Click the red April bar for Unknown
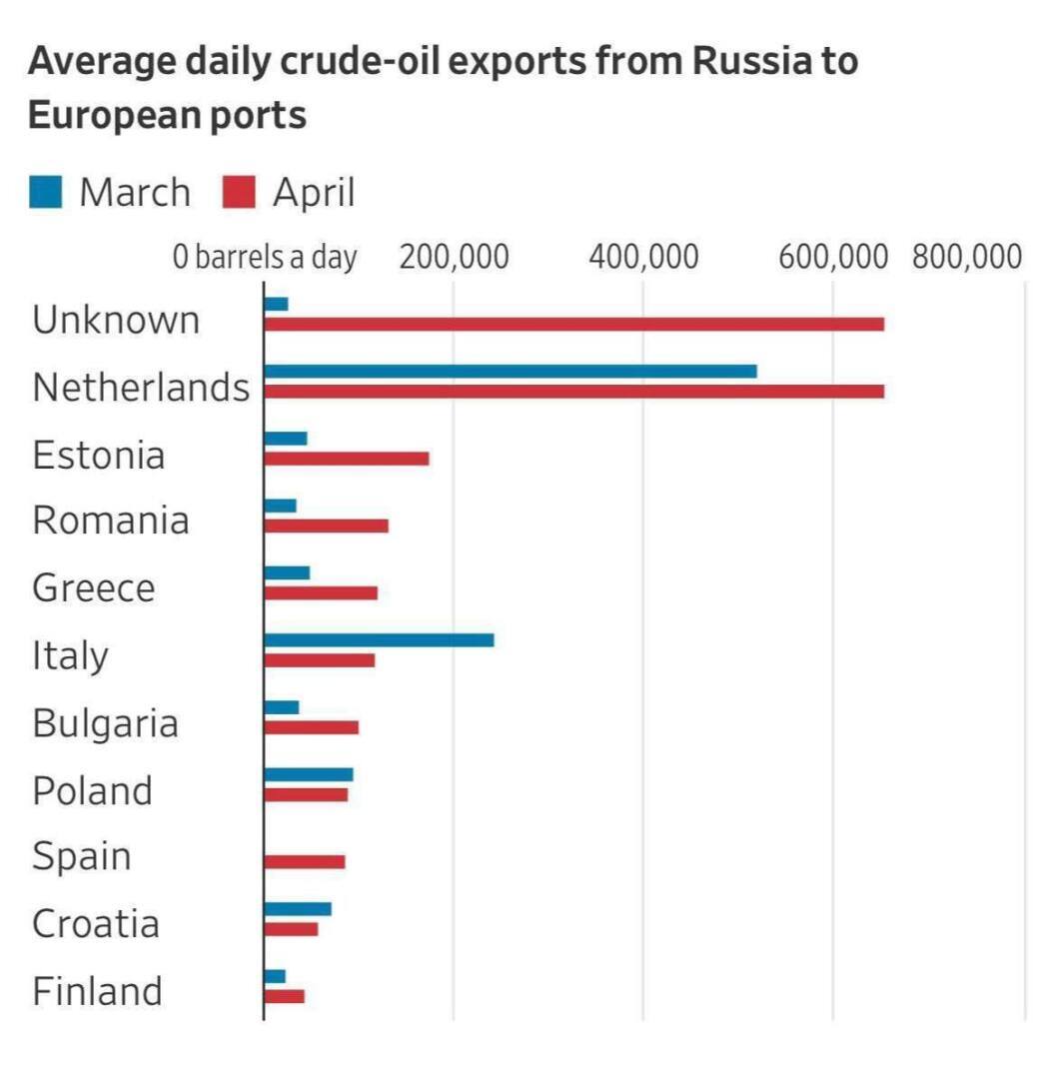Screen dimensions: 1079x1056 (573, 324)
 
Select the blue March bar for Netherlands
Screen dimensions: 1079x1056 (510, 372)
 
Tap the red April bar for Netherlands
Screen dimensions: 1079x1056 (573, 391)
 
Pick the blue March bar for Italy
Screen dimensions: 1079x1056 (379, 639)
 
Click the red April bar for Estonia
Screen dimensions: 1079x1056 (347, 459)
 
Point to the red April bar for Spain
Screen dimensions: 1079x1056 (305, 861)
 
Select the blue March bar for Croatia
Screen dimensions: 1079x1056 (298, 908)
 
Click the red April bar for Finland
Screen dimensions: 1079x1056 (285, 996)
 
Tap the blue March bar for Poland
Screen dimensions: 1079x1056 (309, 774)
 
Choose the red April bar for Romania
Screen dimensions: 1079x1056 (326, 526)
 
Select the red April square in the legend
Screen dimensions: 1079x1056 (239, 191)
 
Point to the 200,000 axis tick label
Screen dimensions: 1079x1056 (454, 257)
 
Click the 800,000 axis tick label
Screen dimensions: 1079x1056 (966, 257)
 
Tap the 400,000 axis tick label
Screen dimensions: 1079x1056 (643, 257)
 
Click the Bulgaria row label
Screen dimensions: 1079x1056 (105, 722)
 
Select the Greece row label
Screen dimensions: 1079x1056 (94, 587)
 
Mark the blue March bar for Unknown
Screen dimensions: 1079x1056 (276, 304)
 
